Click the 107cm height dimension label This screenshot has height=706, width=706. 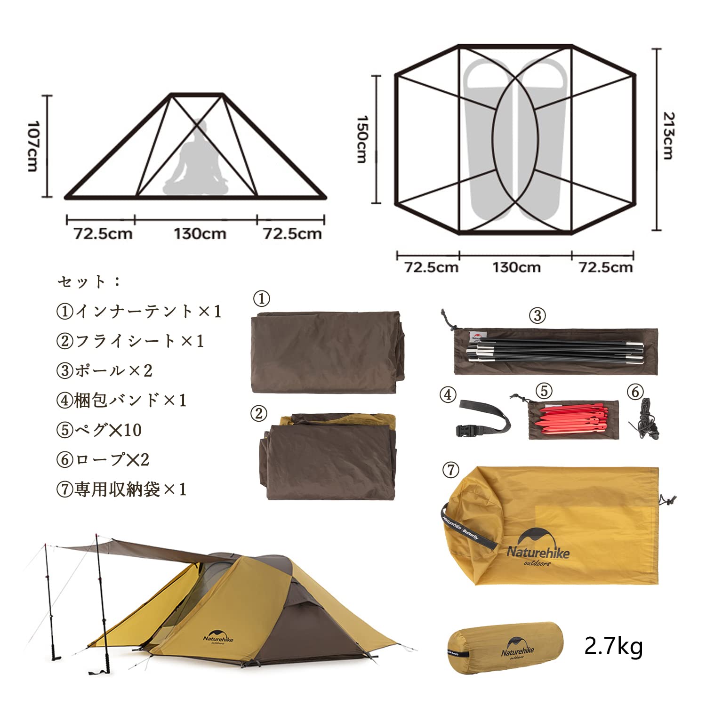point(32,146)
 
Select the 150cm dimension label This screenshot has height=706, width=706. point(361,139)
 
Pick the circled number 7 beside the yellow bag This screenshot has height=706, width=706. point(451,470)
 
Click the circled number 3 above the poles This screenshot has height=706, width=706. point(538,315)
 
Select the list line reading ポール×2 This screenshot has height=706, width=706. point(104,370)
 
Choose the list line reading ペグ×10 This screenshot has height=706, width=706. point(99,430)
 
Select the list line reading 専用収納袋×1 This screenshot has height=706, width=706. point(121,489)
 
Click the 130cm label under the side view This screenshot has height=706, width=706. point(200,233)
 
